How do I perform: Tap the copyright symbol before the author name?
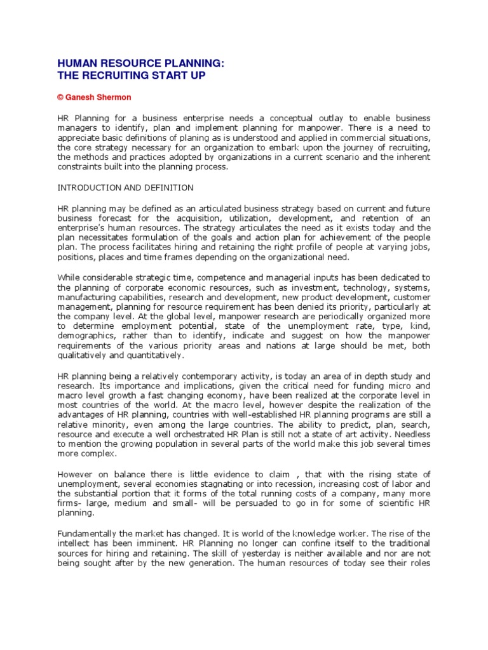60,98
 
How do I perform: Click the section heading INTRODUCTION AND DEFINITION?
125,188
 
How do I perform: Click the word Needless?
410,434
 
